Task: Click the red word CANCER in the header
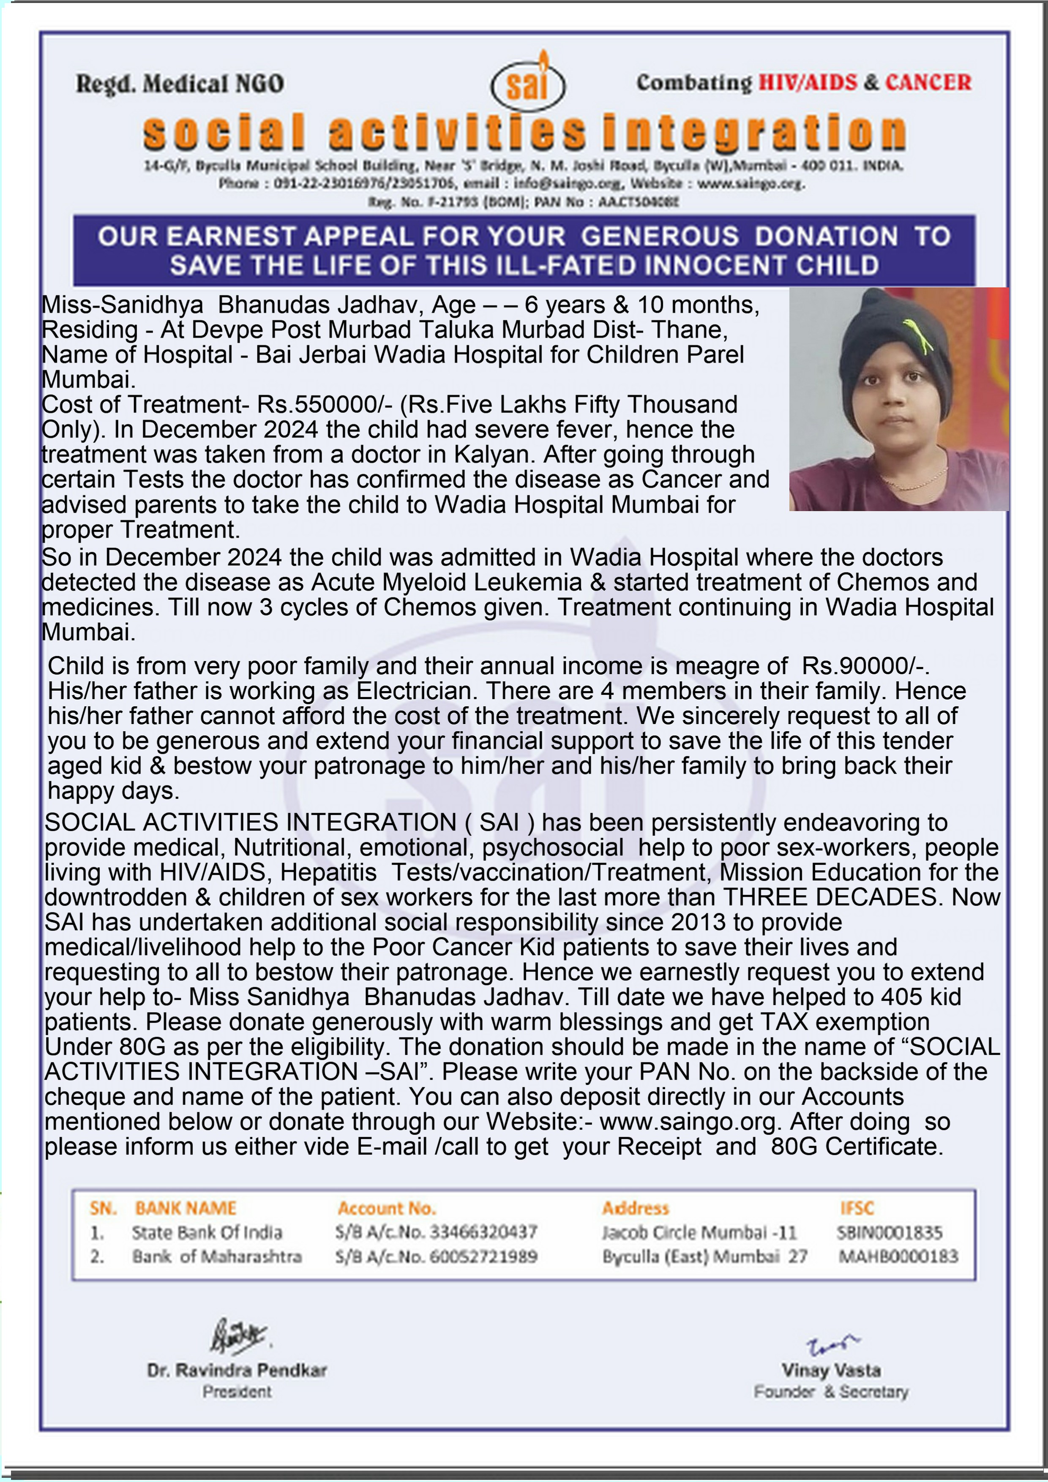[928, 83]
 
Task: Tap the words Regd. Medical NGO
[180, 84]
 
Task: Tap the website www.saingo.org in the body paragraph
[687, 1121]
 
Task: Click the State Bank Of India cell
[207, 1233]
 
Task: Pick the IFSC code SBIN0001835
[889, 1233]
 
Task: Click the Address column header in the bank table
[636, 1208]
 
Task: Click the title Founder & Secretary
[830, 1392]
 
